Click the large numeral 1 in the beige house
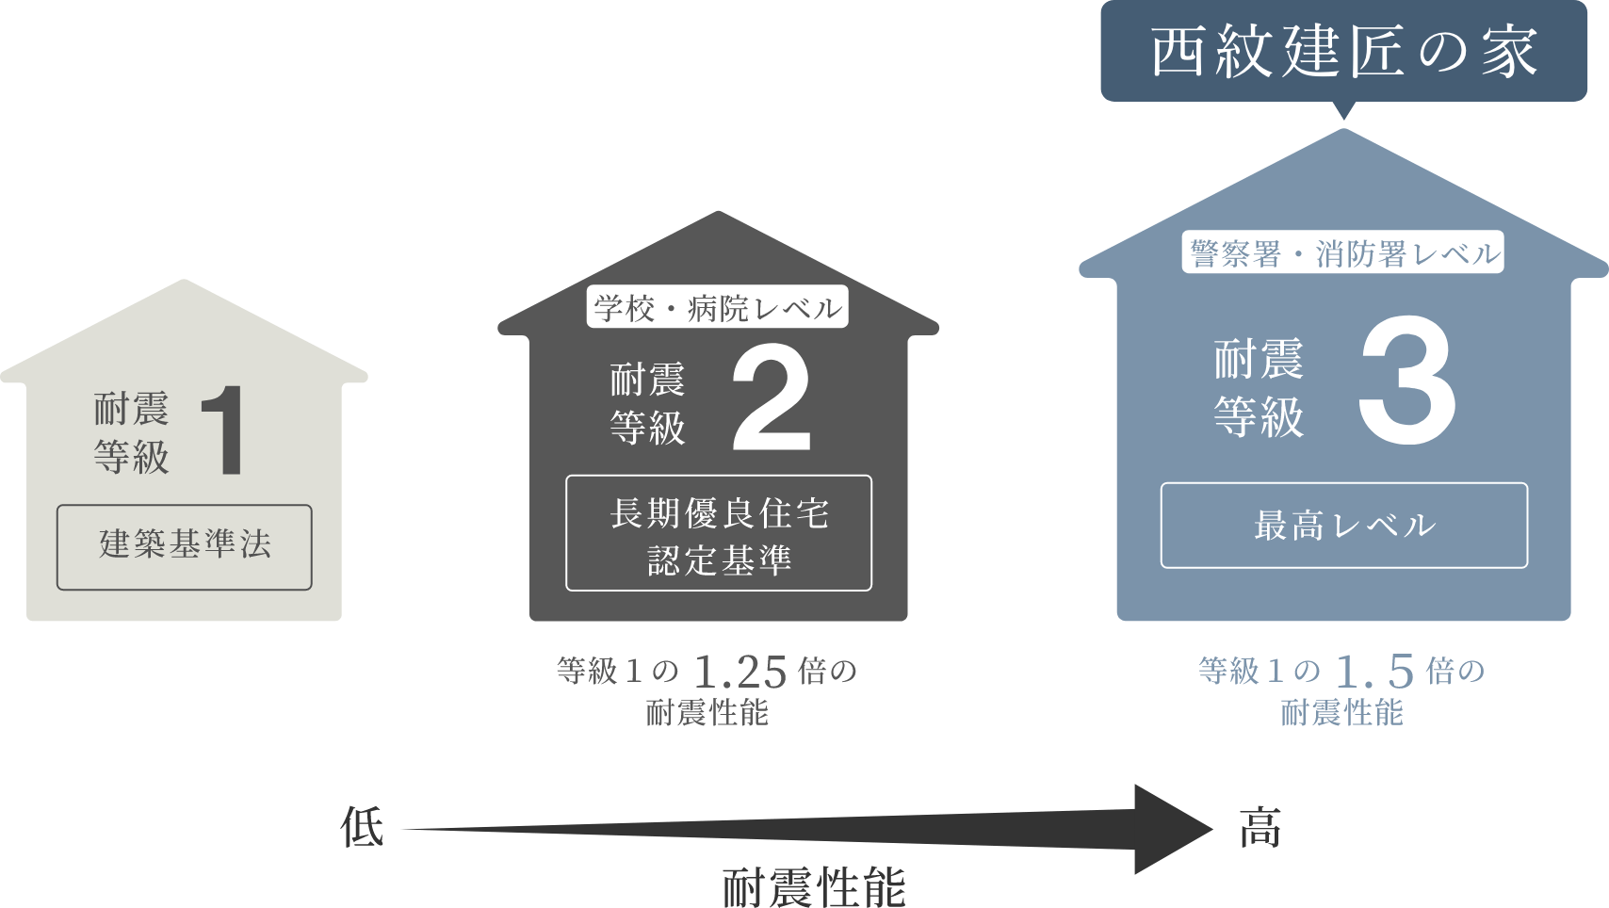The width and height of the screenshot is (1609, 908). (226, 431)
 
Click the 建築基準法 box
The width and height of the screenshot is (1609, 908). (185, 547)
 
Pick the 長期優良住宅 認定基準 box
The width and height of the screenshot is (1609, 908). (719, 533)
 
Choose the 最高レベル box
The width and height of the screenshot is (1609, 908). (1343, 526)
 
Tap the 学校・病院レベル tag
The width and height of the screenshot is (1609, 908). (718, 308)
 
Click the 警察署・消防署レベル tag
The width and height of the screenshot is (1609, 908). (1343, 253)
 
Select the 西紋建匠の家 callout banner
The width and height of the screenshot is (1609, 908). (1343, 51)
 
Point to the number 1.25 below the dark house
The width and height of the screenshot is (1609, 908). (739, 672)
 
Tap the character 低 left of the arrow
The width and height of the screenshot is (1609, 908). (363, 828)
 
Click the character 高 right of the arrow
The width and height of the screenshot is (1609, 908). (1260, 828)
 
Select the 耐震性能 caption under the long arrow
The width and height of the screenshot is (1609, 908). (814, 887)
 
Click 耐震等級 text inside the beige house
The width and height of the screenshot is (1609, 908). (132, 433)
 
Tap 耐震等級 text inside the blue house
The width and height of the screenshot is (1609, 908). (1259, 388)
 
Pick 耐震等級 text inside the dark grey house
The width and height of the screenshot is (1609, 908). (647, 404)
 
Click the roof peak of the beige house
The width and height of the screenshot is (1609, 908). (185, 283)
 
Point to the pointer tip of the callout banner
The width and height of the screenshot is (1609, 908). (1344, 118)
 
